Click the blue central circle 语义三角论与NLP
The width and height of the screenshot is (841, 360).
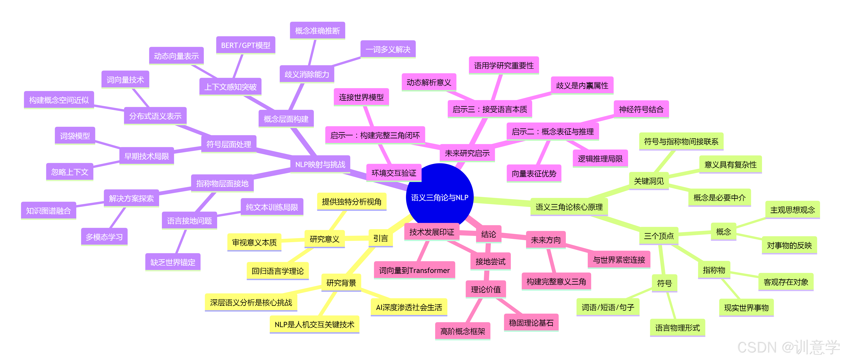pos(439,197)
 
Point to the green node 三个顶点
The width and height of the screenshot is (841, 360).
pos(658,236)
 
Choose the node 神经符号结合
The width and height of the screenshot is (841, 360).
pos(641,109)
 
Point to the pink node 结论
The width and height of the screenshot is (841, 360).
pos(488,234)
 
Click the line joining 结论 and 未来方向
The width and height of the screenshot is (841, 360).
pos(513,236)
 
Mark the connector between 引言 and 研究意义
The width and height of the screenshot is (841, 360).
pos(357,239)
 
